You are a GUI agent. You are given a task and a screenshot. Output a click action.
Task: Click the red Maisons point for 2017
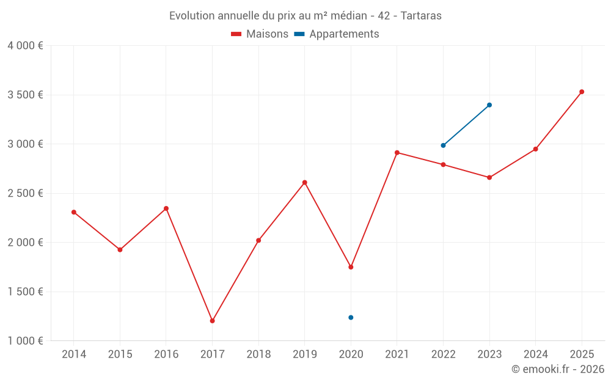click(212, 321)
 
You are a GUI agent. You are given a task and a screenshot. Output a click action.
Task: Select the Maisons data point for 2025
click(582, 92)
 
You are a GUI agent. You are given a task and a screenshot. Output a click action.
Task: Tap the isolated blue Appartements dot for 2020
click(351, 317)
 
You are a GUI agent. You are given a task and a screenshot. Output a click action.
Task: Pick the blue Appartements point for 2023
click(489, 105)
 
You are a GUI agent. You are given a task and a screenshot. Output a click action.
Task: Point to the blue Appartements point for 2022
click(443, 145)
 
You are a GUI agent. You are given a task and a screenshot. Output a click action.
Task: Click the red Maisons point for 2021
click(397, 153)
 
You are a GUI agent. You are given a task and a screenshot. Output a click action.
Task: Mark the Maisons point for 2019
click(304, 183)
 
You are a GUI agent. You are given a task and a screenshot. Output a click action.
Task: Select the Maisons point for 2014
click(74, 212)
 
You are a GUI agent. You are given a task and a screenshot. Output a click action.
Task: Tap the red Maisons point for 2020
click(351, 267)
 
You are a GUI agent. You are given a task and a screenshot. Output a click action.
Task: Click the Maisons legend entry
click(260, 34)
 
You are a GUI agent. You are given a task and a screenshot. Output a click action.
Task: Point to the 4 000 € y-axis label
click(25, 46)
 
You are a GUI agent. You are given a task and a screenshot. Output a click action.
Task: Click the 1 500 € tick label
click(25, 292)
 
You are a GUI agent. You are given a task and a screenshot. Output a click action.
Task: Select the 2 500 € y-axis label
click(25, 193)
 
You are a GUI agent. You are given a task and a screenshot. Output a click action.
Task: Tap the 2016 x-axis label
click(166, 354)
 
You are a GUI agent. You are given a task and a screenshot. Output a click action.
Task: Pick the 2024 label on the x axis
click(535, 354)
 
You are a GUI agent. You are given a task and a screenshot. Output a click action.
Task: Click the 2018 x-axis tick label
click(258, 354)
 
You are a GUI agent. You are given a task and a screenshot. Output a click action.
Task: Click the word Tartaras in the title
click(421, 16)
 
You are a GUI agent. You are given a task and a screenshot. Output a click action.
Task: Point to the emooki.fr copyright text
click(558, 369)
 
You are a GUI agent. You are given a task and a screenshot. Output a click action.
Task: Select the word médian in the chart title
click(345, 16)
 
